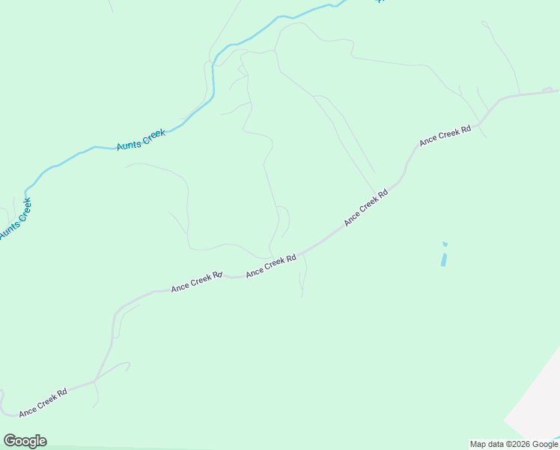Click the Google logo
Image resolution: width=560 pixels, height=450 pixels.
pos(25,441)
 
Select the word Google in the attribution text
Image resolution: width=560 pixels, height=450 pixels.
pos(546,445)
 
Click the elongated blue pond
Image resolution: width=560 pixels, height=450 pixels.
pos(444,259)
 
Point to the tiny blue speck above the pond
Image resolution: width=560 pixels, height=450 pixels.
pos(445,244)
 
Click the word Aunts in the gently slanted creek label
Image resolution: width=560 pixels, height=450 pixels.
pos(128,143)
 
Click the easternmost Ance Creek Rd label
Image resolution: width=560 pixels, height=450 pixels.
pos(445,135)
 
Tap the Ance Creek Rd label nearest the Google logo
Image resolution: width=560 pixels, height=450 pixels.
pos(43,401)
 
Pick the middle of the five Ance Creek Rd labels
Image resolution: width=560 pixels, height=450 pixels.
pos(271,265)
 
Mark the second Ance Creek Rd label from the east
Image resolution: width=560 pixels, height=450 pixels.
pos(366,207)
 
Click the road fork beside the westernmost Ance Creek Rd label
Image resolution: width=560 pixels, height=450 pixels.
pos(95,380)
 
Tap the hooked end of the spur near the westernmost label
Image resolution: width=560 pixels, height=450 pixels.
pos(128,365)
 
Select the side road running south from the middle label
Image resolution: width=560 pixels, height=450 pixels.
pos(304,279)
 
